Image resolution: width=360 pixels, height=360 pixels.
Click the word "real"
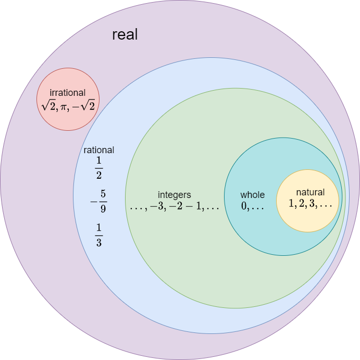[125, 35]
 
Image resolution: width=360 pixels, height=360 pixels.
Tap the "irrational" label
[67, 93]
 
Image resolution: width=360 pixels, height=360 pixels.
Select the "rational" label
[99, 150]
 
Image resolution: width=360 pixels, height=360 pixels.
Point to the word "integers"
[175, 195]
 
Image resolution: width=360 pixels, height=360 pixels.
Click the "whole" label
[252, 195]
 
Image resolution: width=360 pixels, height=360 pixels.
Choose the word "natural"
[310, 192]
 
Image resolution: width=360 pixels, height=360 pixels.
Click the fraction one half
[99, 167]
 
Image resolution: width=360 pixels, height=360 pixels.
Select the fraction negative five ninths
[98, 201]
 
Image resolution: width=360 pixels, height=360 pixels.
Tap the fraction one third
[99, 235]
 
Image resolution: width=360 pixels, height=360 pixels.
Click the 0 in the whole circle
[243, 206]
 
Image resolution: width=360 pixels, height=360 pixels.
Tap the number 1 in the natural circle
[292, 204]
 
